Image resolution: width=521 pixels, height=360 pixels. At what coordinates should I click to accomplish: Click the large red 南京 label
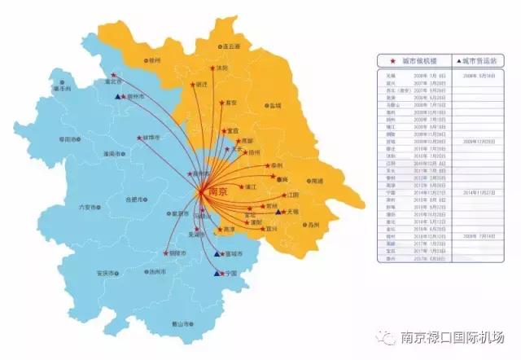(x=214, y=191)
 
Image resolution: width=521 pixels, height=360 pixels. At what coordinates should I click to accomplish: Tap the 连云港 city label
(x=232, y=47)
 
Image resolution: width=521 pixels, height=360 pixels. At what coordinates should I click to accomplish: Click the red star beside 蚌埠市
(x=139, y=138)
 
